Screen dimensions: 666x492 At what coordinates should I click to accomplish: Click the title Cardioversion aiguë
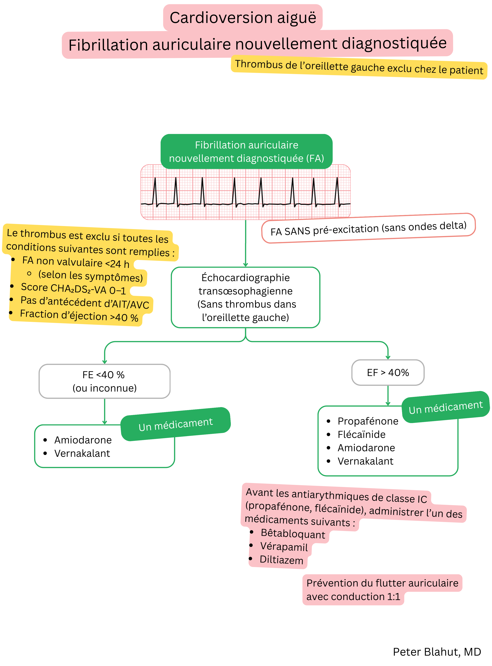(x=243, y=18)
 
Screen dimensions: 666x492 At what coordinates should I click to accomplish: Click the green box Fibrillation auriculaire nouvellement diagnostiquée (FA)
(x=246, y=152)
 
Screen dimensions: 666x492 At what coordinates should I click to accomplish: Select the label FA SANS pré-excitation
(x=368, y=228)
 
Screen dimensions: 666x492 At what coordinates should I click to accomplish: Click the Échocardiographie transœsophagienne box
(x=245, y=297)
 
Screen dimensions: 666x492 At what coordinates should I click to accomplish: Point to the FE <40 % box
(x=104, y=381)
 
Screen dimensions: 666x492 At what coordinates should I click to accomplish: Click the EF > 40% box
(x=388, y=373)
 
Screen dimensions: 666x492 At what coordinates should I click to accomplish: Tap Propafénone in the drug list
(x=368, y=421)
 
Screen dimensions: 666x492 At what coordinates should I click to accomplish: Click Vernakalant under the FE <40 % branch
(x=82, y=453)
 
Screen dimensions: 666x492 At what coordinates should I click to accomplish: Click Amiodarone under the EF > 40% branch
(x=366, y=448)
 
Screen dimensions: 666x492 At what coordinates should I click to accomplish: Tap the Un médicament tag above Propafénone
(x=445, y=407)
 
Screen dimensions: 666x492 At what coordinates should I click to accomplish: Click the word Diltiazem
(x=281, y=560)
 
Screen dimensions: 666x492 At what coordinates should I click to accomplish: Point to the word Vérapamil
(x=284, y=547)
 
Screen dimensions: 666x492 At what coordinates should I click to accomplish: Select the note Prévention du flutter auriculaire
(x=382, y=583)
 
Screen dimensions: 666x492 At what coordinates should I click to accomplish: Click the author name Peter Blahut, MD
(x=437, y=652)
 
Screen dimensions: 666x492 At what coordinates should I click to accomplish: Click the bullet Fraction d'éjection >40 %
(x=79, y=316)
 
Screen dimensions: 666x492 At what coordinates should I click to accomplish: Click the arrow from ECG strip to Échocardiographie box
(x=245, y=243)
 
